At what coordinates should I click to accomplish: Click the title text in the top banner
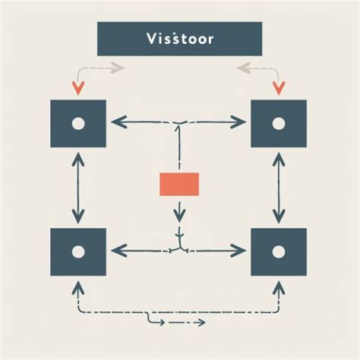[x=179, y=39]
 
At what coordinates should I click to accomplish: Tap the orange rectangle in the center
[x=179, y=184]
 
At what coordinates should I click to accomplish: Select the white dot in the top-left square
[x=76, y=123]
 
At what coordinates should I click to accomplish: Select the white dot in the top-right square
[x=278, y=123]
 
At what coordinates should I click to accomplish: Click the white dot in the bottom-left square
[x=77, y=251]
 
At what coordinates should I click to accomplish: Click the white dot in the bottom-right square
[x=278, y=251]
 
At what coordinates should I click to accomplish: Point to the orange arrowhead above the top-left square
[x=76, y=87]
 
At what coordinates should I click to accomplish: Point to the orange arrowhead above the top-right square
[x=278, y=87]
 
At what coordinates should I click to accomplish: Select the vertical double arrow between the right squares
[x=278, y=186]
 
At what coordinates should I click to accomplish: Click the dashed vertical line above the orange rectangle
[x=179, y=148]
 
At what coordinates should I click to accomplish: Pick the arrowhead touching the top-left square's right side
[x=114, y=121]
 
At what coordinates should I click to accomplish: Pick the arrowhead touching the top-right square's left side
[x=245, y=121]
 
